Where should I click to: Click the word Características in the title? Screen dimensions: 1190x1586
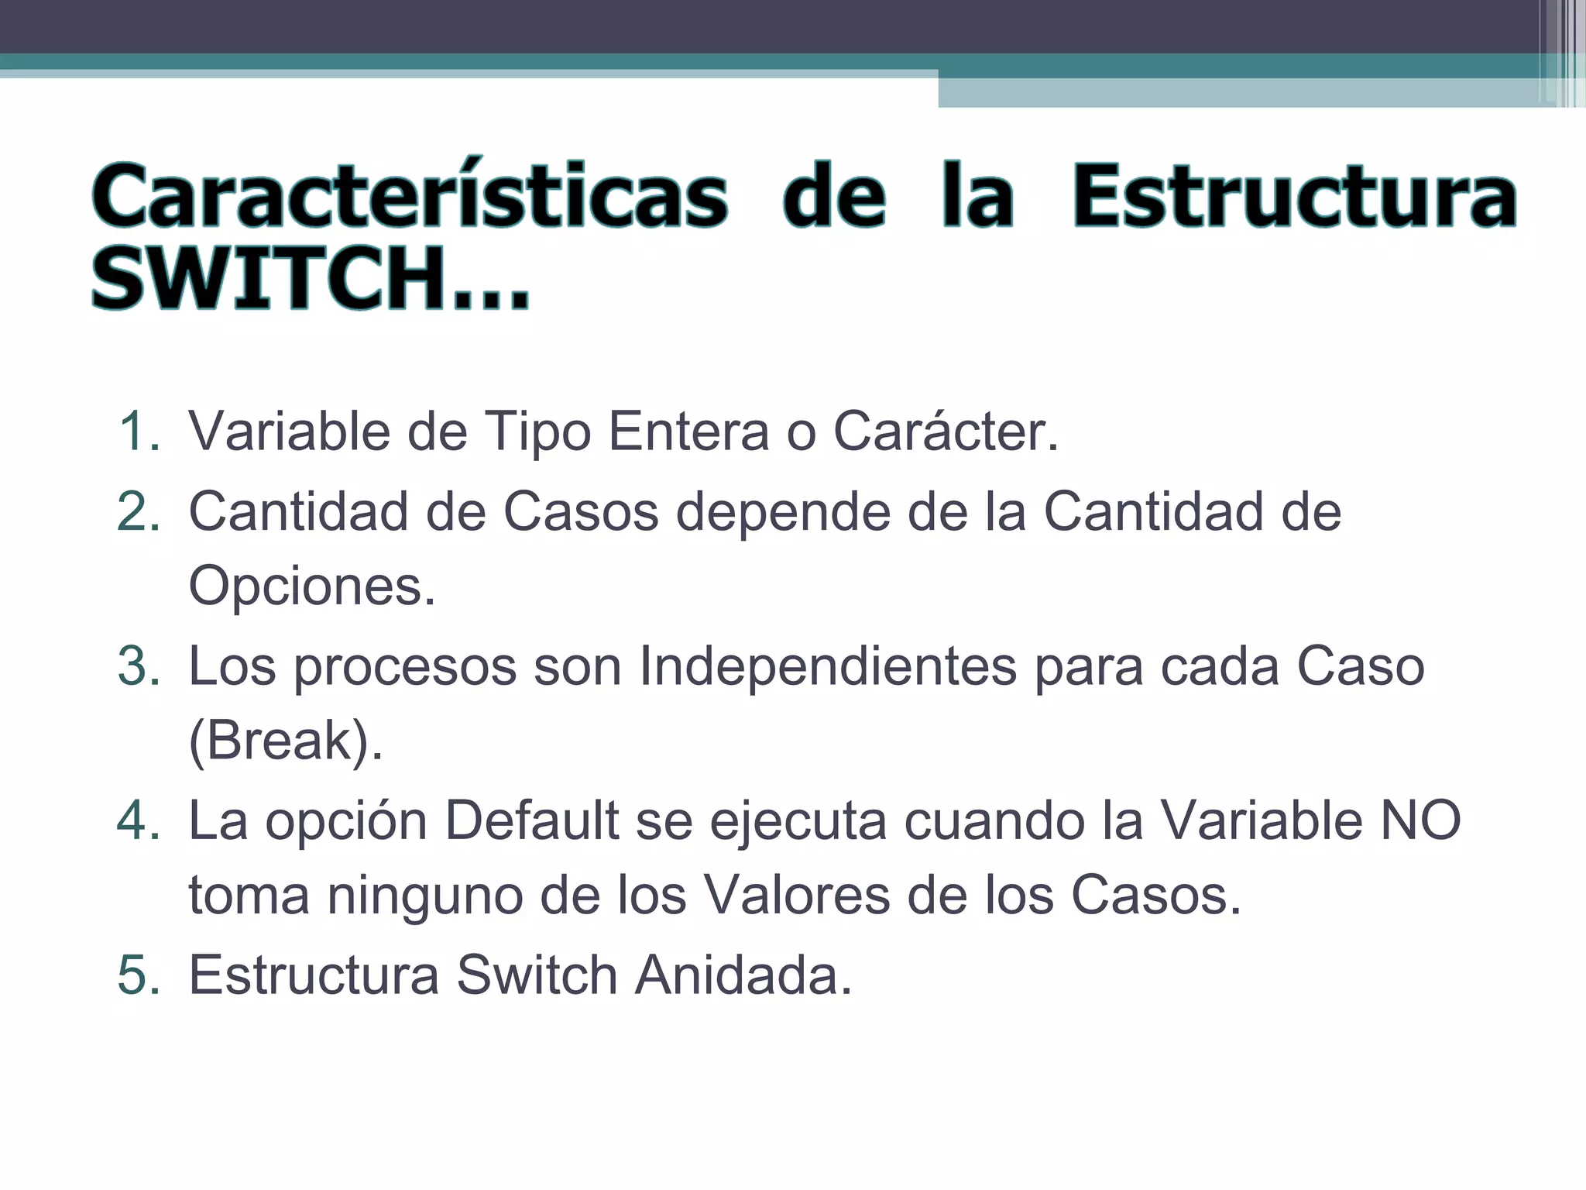[409, 197]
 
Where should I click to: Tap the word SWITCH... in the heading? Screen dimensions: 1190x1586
[310, 279]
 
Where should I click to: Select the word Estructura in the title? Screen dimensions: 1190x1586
[1293, 197]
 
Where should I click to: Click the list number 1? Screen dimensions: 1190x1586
[138, 432]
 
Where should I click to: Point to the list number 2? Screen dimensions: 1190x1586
[138, 512]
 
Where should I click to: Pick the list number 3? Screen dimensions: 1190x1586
[138, 666]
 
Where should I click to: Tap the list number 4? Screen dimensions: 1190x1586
[138, 820]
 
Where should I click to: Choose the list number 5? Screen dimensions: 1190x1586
[138, 975]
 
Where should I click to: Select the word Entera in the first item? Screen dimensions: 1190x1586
[688, 432]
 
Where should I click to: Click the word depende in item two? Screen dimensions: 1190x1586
[782, 512]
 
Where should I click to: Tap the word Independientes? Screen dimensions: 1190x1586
[827, 666]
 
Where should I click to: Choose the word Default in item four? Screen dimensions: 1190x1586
[532, 820]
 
